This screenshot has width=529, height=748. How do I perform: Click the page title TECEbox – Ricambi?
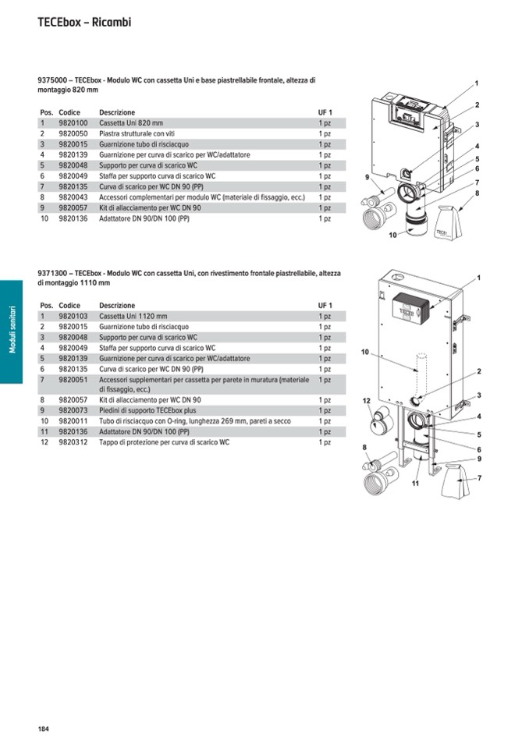tap(84, 23)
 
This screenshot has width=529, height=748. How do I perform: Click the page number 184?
tap(43, 729)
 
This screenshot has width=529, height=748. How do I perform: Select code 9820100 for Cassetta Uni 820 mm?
tap(73, 123)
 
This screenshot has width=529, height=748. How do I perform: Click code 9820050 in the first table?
tap(73, 134)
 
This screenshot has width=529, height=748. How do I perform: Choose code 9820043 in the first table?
tap(73, 197)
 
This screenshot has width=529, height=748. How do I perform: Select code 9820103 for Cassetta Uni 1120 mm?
tap(73, 316)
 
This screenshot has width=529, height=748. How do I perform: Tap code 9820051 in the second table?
tap(73, 379)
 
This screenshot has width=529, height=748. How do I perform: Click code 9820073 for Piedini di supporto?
tap(73, 410)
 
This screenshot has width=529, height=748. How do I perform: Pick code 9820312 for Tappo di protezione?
tap(73, 442)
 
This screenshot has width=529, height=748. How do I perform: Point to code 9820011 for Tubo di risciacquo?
tap(73, 421)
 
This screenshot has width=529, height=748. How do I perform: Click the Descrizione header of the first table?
tap(117, 113)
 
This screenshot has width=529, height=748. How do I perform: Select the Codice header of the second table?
tap(69, 306)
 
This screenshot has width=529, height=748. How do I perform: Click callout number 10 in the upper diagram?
tap(392, 235)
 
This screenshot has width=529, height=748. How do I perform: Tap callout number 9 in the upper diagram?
tap(367, 179)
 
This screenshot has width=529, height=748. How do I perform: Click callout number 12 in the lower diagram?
tap(366, 400)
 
